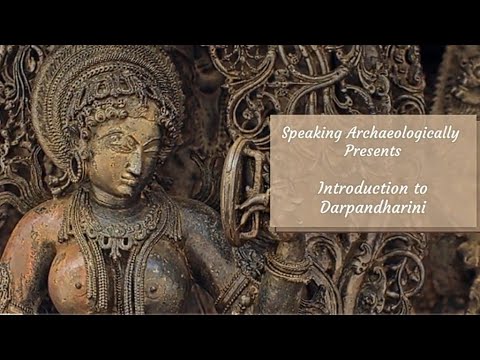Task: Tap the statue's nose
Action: coord(139,160)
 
